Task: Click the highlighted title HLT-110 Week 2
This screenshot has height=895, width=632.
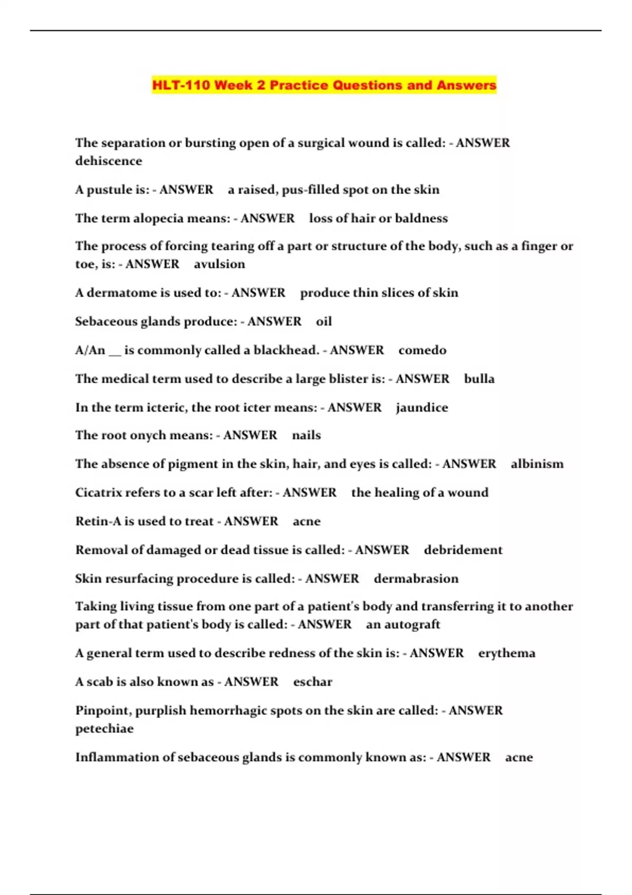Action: point(324,85)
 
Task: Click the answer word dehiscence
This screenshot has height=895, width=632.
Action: point(108,161)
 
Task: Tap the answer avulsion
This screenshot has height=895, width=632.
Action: point(219,264)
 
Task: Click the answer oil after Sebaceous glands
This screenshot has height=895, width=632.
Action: point(324,322)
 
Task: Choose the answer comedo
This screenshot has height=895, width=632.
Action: point(422,351)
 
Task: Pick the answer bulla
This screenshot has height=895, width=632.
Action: point(479,379)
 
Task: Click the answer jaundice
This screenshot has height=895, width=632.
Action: point(422,408)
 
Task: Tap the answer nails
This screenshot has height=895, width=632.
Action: point(307,435)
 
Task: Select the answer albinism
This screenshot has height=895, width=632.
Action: point(537,464)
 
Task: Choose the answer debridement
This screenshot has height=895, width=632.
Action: point(463,550)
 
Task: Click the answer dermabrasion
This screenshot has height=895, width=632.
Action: point(416,579)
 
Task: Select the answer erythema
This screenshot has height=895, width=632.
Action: point(507,653)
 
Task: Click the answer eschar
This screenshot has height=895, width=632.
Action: point(313,682)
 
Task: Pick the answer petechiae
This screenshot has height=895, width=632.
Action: point(104,729)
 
